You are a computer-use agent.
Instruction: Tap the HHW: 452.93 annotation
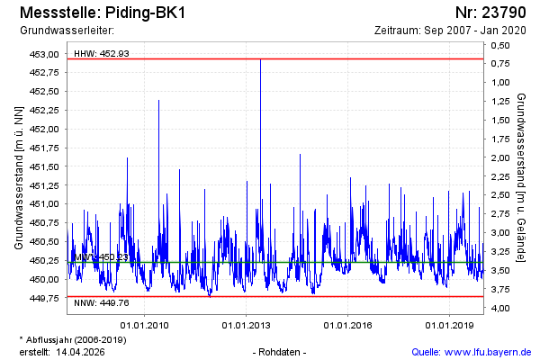102,54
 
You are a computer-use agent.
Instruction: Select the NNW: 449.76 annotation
102,302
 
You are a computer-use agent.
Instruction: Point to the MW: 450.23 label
101,257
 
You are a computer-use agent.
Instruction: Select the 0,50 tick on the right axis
502,44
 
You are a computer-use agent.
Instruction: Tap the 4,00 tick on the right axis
502,309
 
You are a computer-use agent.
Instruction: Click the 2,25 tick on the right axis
502,176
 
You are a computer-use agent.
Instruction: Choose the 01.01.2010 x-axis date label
146,325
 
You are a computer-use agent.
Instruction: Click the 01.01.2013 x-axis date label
247,325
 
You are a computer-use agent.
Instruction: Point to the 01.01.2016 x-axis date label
348,325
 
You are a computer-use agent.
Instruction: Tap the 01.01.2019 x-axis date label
450,325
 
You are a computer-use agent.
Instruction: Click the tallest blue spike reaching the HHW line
260,63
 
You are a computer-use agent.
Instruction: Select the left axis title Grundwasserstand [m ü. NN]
19,176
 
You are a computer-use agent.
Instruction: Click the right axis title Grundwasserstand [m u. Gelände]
521,176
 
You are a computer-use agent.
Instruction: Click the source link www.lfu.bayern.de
483,351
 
